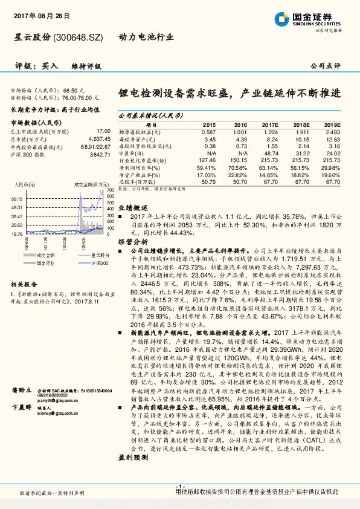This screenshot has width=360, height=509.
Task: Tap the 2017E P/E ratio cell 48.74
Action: (x=271, y=152)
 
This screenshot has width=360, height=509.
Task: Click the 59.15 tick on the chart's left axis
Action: (x=17, y=198)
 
